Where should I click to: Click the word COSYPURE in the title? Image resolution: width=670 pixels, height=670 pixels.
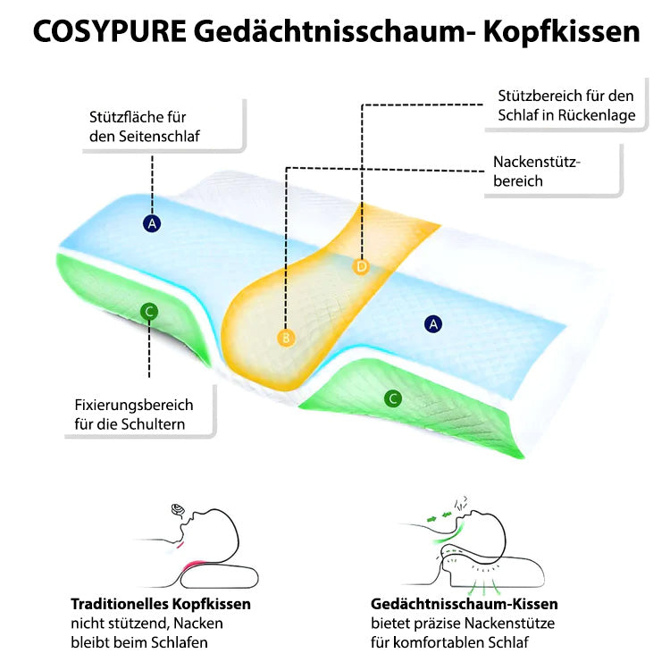pyautogui.click(x=110, y=31)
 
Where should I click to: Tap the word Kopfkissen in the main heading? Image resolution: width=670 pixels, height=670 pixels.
pyautogui.click(x=562, y=31)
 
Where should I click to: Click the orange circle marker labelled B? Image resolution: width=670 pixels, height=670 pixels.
pyautogui.click(x=286, y=338)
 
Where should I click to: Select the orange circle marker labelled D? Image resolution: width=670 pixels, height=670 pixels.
pyautogui.click(x=362, y=266)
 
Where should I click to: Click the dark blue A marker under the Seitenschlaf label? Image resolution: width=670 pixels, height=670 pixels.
pyautogui.click(x=152, y=223)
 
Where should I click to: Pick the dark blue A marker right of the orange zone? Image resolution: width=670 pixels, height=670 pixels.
pyautogui.click(x=433, y=324)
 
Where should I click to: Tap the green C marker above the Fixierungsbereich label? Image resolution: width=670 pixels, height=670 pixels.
pyautogui.click(x=149, y=312)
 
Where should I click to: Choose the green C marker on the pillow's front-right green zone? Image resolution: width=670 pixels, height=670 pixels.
pyautogui.click(x=393, y=398)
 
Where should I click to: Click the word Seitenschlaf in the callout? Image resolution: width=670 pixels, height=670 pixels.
pyautogui.click(x=159, y=137)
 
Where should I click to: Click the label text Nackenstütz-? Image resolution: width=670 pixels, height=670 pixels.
pyautogui.click(x=537, y=162)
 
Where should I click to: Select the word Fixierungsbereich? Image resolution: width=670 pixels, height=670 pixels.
pyautogui.click(x=134, y=405)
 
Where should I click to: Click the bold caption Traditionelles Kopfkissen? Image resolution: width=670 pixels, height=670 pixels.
pyautogui.click(x=161, y=604)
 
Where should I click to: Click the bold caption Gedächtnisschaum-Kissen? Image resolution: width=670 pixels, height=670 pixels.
pyautogui.click(x=465, y=604)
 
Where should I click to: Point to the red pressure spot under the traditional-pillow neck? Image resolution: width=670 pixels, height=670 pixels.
pyautogui.click(x=194, y=566)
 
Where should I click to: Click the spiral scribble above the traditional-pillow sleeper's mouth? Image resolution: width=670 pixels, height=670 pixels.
pyautogui.click(x=178, y=509)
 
